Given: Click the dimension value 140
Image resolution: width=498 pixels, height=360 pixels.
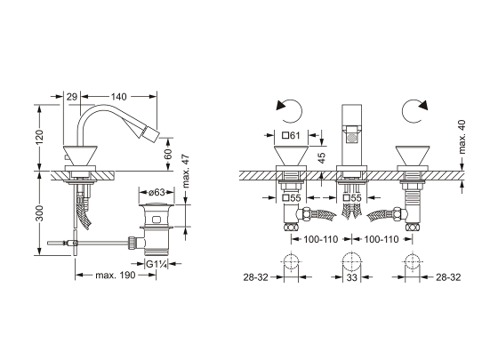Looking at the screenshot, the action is [x=118, y=97].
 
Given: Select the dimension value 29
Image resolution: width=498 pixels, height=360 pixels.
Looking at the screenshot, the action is [x=72, y=97].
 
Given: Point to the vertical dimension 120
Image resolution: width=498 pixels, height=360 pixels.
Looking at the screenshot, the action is [x=40, y=137].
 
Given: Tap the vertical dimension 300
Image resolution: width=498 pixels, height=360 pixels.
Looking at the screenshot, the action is [x=40, y=213].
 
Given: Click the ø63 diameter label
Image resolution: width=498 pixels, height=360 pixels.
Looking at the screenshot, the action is [x=157, y=192].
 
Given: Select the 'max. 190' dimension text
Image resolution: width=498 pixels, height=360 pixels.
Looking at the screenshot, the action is [x=116, y=276].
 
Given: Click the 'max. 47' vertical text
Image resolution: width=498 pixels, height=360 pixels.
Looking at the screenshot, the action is [x=186, y=171].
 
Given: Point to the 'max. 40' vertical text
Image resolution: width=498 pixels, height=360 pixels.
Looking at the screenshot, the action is [x=462, y=137].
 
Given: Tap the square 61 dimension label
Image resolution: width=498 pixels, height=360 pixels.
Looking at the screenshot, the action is [x=292, y=135].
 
